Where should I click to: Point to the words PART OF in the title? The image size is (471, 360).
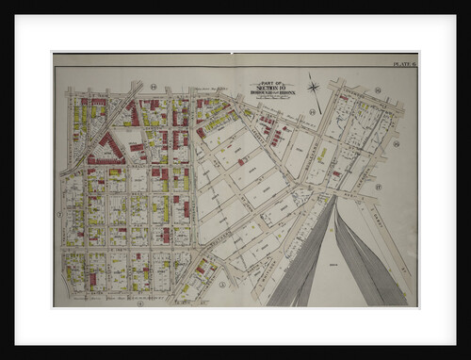tap(271, 83)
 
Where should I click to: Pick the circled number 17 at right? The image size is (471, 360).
tap(378, 187)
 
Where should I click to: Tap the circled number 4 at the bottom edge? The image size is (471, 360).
tap(139, 303)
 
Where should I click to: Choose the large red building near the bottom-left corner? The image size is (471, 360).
tap(92, 279)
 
